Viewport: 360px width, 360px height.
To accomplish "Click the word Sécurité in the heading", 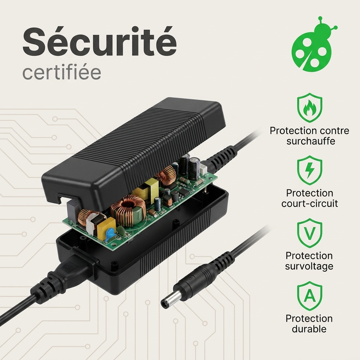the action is click(99, 43).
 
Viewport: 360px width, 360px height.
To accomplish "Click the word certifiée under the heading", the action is click(62, 72).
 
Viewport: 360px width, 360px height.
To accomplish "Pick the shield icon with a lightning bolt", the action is click(309, 170).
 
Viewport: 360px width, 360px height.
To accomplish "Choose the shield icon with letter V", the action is click(309, 233).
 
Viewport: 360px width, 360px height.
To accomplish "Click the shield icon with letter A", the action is click(309, 296).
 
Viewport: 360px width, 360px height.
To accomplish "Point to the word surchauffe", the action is click(311, 141).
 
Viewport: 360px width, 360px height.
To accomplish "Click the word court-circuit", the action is click(309, 204).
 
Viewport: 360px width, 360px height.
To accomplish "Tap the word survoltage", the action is click(309, 266).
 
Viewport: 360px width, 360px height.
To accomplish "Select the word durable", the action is click(309, 329).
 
